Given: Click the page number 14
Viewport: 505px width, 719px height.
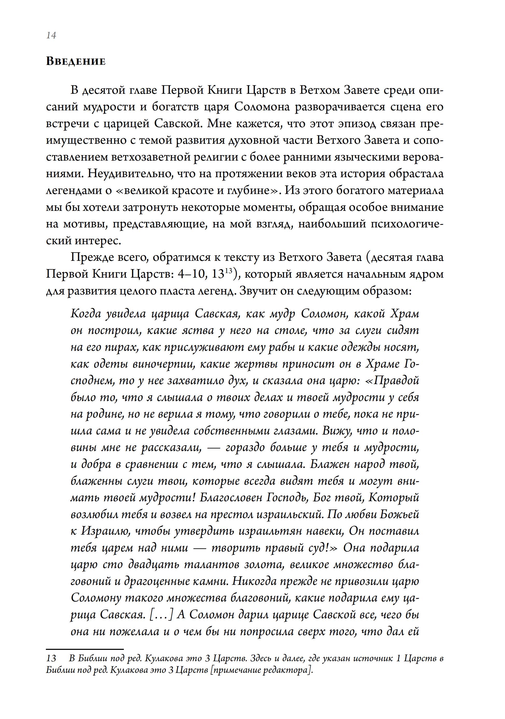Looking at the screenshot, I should [51, 35].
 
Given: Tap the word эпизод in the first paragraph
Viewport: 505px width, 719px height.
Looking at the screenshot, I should [353, 124].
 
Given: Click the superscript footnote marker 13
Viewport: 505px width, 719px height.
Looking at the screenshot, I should [228, 271].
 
